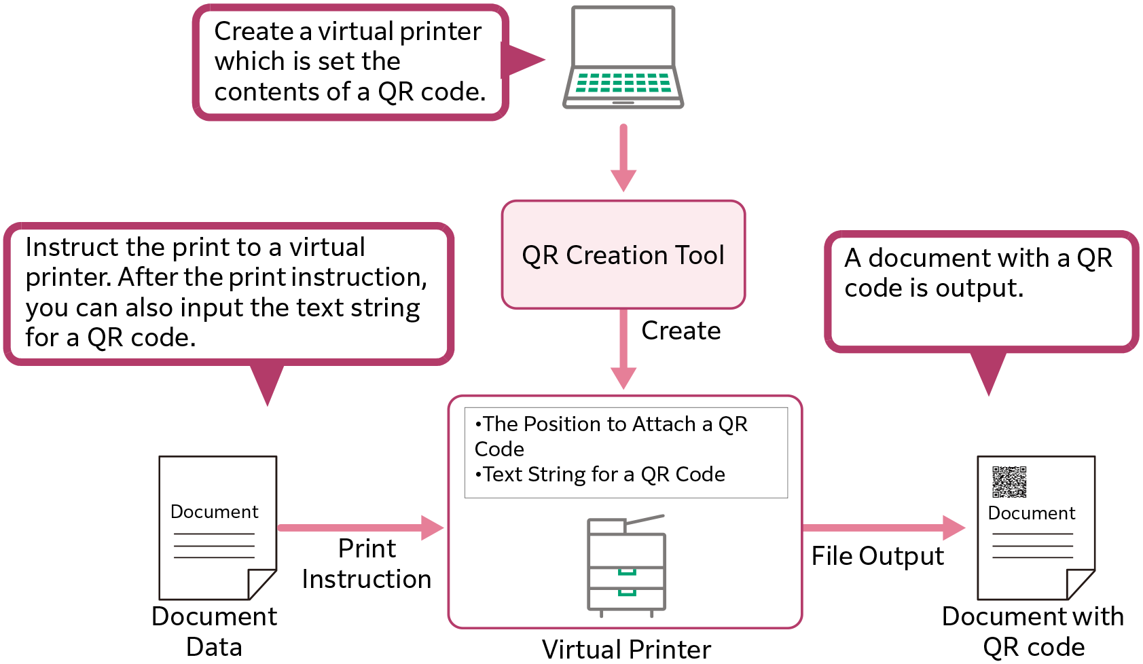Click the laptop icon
coord(623,58)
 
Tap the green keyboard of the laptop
coord(623,82)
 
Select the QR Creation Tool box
coord(623,255)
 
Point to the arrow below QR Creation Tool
coord(623,350)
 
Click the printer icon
coord(625,566)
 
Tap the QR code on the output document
coord(1009,482)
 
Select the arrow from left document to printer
coord(360,528)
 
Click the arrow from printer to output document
coord(883,528)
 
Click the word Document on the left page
coord(214,512)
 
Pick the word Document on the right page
coord(1031,513)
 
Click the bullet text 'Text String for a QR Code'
coord(603,475)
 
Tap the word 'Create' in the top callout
coord(253,31)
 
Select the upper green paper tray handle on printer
coord(626,572)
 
